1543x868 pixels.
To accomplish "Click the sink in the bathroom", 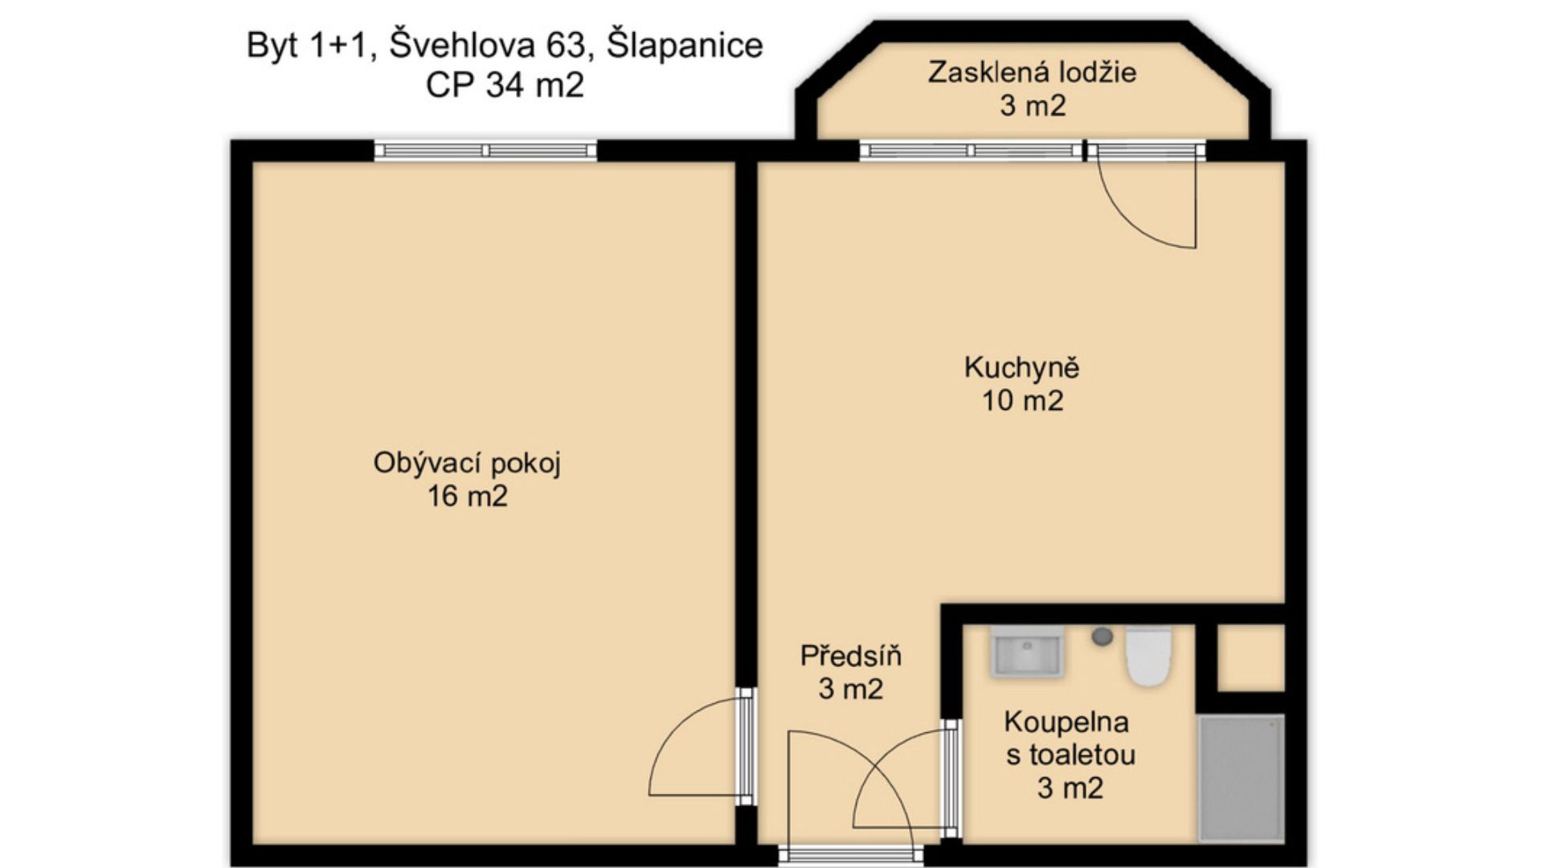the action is [x=1027, y=652].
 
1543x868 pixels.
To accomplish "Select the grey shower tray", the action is [x=1240, y=778].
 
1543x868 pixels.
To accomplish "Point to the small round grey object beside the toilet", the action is [x=1102, y=637].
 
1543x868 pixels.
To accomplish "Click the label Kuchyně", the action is [x=1021, y=368].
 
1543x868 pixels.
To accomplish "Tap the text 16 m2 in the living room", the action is [x=467, y=496].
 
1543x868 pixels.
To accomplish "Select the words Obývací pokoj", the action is [x=467, y=464].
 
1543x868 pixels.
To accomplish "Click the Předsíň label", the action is [x=850, y=656].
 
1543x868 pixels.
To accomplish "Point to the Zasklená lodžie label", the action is [x=1032, y=72].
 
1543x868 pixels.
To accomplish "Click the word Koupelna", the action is [x=1066, y=722].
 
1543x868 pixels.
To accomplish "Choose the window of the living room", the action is [x=485, y=150].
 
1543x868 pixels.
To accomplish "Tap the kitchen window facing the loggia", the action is [x=972, y=150].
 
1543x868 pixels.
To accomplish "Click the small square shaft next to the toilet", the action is [x=1250, y=657].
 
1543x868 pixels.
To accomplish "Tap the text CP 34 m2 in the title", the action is [x=505, y=84].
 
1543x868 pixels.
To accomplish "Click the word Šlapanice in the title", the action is [x=685, y=45].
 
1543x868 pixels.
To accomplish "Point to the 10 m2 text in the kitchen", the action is [x=1022, y=400].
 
